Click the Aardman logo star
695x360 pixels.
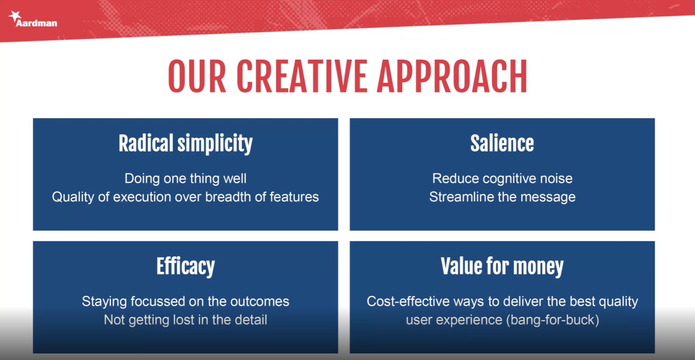[x=15, y=16]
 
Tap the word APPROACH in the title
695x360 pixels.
[x=452, y=76]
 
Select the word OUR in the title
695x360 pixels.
[x=197, y=76]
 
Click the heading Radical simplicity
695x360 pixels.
[x=186, y=144]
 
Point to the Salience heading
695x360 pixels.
[x=502, y=143]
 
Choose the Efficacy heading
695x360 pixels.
[x=186, y=267]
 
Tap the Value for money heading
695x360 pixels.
[x=502, y=267]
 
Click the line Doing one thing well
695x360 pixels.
[x=186, y=178]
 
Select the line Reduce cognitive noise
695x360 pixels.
[x=502, y=179]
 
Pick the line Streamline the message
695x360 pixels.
[x=502, y=197]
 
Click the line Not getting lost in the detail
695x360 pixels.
[x=186, y=320]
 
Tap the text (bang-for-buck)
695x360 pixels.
[x=552, y=320]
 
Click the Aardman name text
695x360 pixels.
[x=36, y=23]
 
